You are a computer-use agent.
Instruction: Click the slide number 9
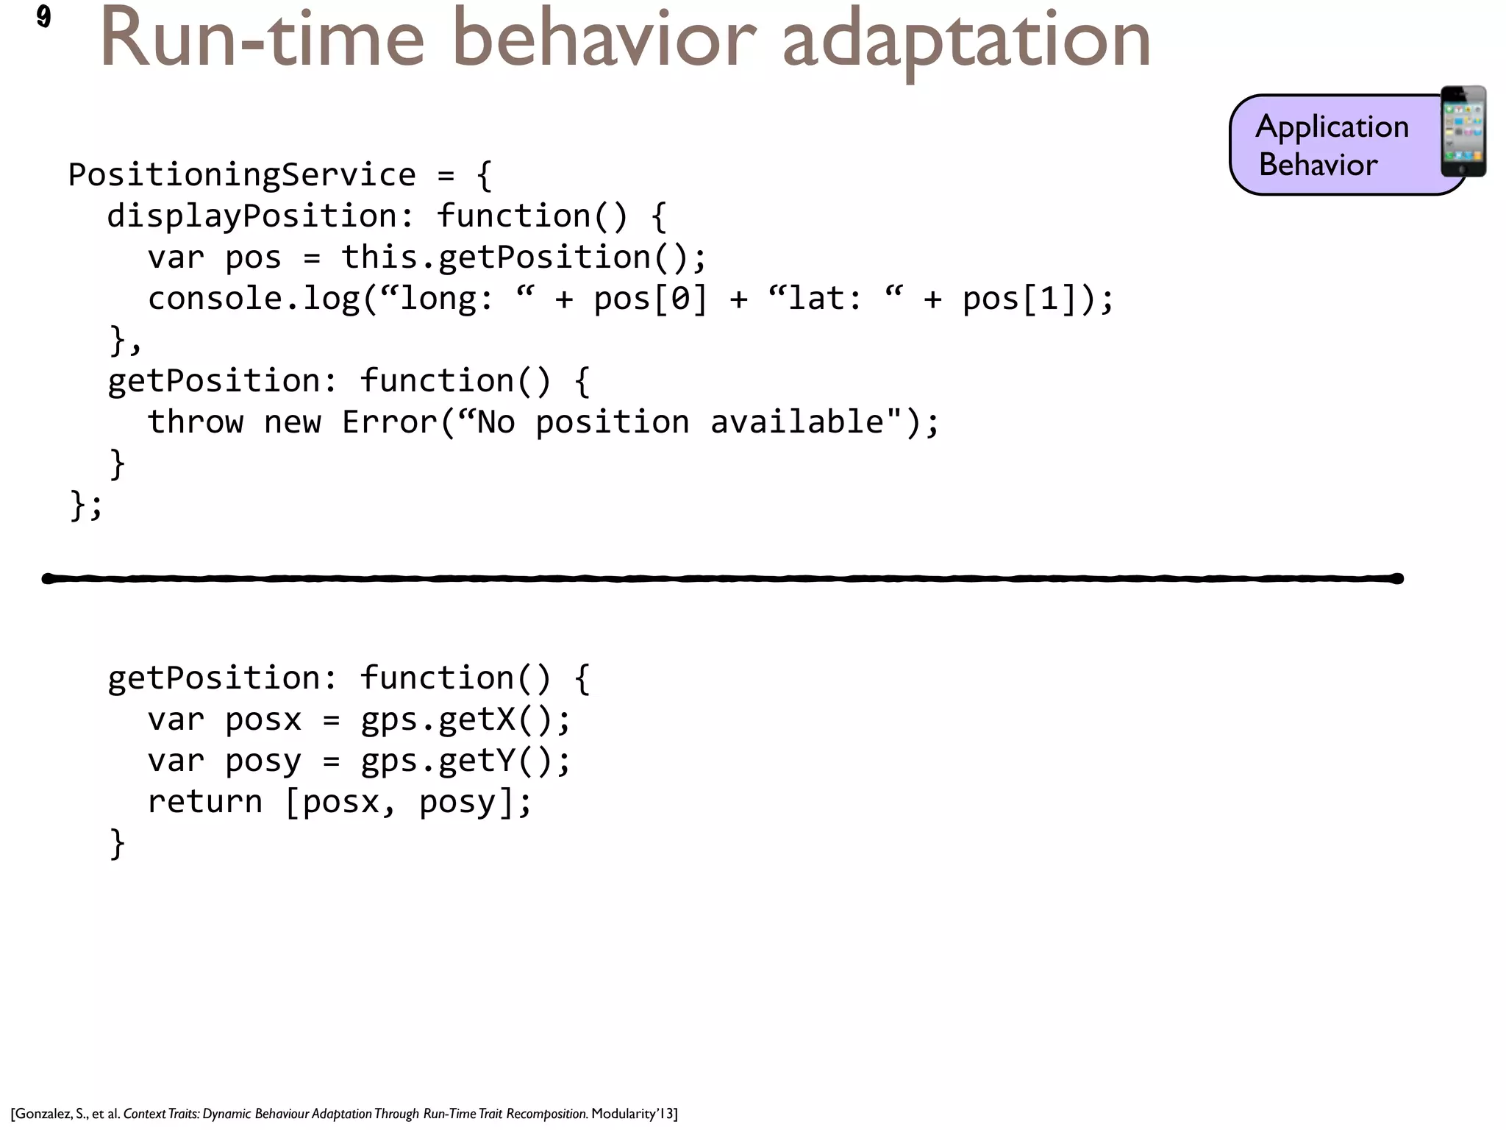point(43,16)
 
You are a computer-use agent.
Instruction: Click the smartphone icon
point(1463,132)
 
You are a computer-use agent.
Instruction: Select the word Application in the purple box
point(1332,127)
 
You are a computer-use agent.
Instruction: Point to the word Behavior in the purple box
point(1318,164)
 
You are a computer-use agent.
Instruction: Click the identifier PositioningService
point(242,175)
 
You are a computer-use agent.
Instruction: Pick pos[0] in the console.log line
point(649,299)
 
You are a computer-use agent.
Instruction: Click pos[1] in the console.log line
point(1018,299)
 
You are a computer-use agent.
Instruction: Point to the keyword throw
point(195,422)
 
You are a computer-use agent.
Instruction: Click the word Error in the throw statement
point(389,422)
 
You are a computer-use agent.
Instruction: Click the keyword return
point(204,802)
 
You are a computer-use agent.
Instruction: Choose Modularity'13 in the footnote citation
point(632,1114)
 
